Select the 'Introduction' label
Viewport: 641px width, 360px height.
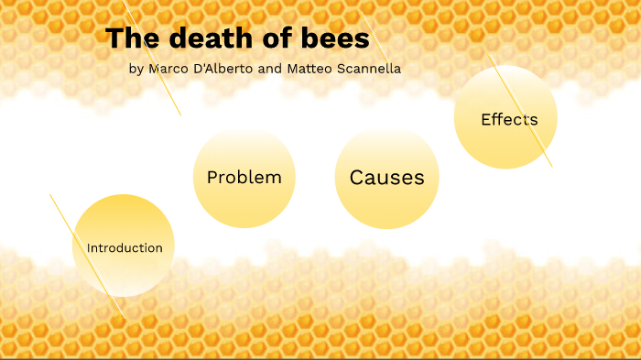(x=125, y=248)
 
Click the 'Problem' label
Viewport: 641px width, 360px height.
(x=244, y=178)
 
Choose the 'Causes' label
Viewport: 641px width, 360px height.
(x=386, y=178)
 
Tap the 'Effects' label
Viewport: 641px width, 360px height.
(x=509, y=119)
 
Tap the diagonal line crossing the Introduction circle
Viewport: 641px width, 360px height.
(x=69, y=224)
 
